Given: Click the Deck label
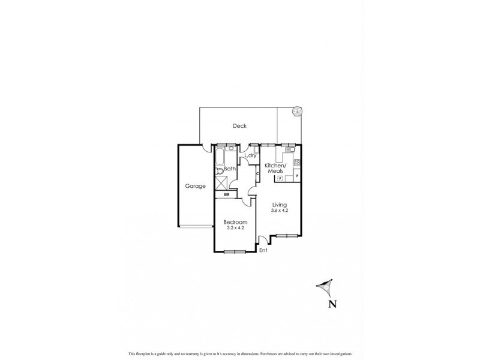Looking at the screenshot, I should [x=241, y=126].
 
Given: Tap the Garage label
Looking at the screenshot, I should [x=195, y=186].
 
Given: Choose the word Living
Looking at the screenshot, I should [x=280, y=205].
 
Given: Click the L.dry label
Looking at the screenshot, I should [x=251, y=157].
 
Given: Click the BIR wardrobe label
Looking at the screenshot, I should [x=227, y=195].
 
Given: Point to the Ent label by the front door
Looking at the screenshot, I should [x=263, y=250].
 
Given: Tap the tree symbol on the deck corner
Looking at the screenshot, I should [x=297, y=111].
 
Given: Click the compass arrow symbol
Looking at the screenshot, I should [x=325, y=288].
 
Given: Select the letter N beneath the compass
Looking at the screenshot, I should [x=332, y=304].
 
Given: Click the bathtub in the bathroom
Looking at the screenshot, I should [x=219, y=159].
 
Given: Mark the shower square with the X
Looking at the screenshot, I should [x=221, y=184].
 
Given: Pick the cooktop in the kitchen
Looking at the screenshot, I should [x=296, y=161].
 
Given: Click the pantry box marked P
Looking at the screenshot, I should [x=297, y=175].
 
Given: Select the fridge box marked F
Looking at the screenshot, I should [x=280, y=178].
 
